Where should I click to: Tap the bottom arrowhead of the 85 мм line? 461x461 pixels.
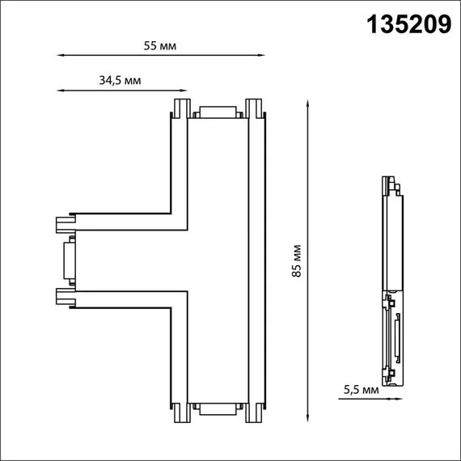308,419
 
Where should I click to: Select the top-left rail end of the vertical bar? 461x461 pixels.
181,108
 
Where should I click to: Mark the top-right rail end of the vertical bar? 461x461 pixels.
254,108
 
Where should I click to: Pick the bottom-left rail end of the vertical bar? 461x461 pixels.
181,414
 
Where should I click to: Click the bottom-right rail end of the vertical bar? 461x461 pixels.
254,414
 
